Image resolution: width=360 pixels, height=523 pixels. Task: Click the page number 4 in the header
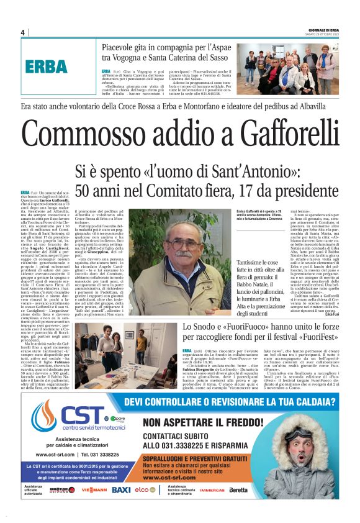22,33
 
